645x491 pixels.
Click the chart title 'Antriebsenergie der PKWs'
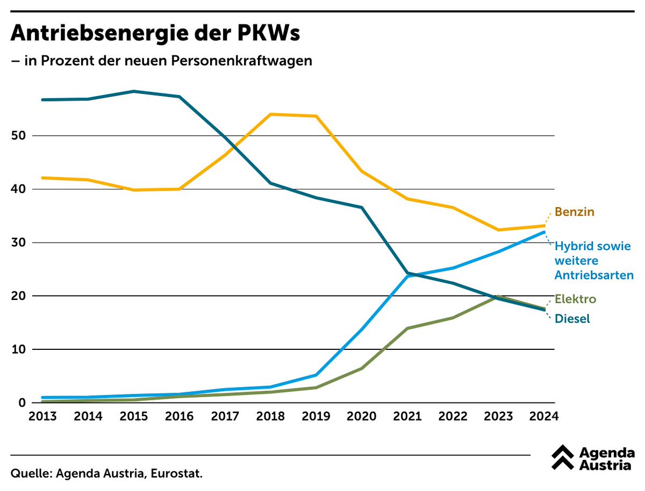[155, 34]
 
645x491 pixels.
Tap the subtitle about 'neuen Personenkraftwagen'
[161, 61]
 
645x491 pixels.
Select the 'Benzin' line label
[575, 212]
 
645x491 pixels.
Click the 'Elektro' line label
[576, 299]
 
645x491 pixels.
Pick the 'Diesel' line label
[572, 319]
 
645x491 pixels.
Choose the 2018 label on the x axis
[270, 416]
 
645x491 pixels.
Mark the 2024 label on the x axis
[544, 416]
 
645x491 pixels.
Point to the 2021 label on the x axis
[407, 416]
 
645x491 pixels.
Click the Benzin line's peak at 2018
[270, 114]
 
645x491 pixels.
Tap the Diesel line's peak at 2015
[133, 91]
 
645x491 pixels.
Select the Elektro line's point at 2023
[499, 296]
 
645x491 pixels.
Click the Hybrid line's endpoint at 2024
[544, 232]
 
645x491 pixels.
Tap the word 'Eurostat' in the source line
[177, 474]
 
